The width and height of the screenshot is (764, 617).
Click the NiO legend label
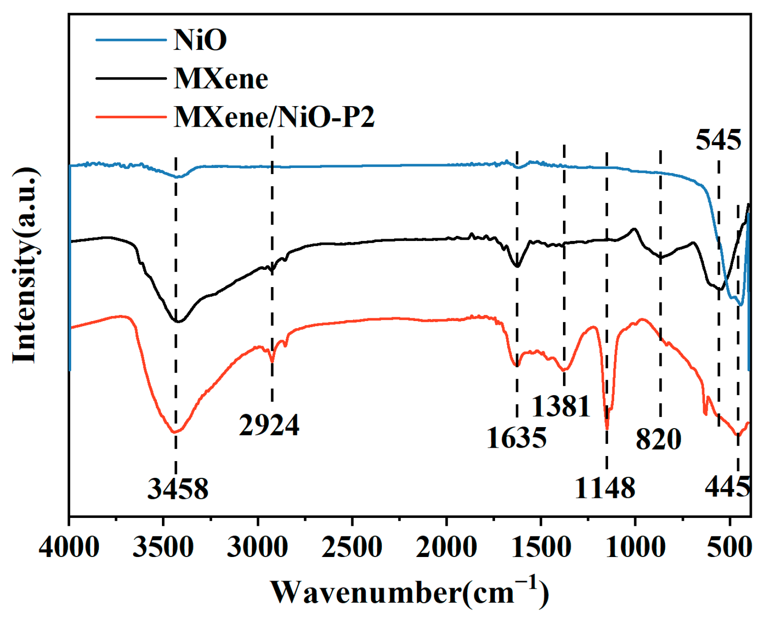pos(200,40)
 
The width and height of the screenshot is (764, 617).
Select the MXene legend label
pos(221,79)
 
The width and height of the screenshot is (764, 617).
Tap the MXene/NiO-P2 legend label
pos(274,117)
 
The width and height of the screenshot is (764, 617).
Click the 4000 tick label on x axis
pos(69,547)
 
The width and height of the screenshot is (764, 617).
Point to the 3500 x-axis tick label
pos(163,547)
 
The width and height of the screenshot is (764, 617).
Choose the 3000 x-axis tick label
pos(257,547)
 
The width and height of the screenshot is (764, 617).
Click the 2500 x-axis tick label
pos(352,547)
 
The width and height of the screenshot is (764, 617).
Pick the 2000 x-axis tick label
pos(446,547)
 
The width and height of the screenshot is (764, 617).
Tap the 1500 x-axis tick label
pos(541,547)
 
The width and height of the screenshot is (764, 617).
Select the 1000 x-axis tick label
pos(635,547)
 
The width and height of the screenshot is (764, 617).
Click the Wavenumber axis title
pos(409,592)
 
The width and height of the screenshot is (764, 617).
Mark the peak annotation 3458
pos(178,489)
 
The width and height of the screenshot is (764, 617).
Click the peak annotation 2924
pos(269,425)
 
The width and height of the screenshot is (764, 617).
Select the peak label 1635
pos(516,438)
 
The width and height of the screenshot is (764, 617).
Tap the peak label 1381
pos(561,406)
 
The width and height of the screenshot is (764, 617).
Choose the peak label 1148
pos(605,488)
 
